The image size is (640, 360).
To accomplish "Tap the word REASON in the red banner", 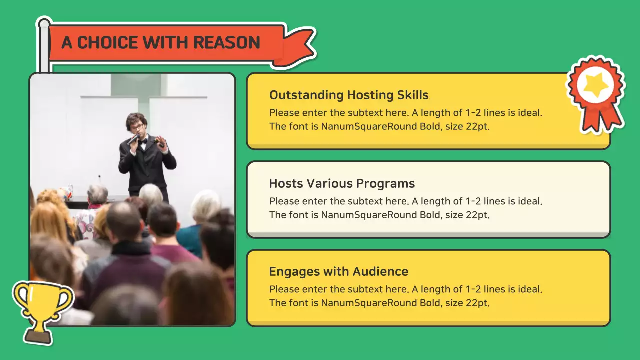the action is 227,42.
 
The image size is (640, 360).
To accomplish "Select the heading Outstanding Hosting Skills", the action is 349,95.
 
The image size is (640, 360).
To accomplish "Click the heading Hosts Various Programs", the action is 342,183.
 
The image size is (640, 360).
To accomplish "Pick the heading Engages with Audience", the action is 339,272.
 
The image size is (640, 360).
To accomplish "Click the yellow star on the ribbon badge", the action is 595,84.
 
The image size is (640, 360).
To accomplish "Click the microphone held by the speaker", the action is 133,139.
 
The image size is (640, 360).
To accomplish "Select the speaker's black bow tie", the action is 143,141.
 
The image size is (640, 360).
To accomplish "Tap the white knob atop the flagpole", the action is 44,24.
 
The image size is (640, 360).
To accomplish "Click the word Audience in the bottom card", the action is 380,271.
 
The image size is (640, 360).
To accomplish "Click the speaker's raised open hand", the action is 160,141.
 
